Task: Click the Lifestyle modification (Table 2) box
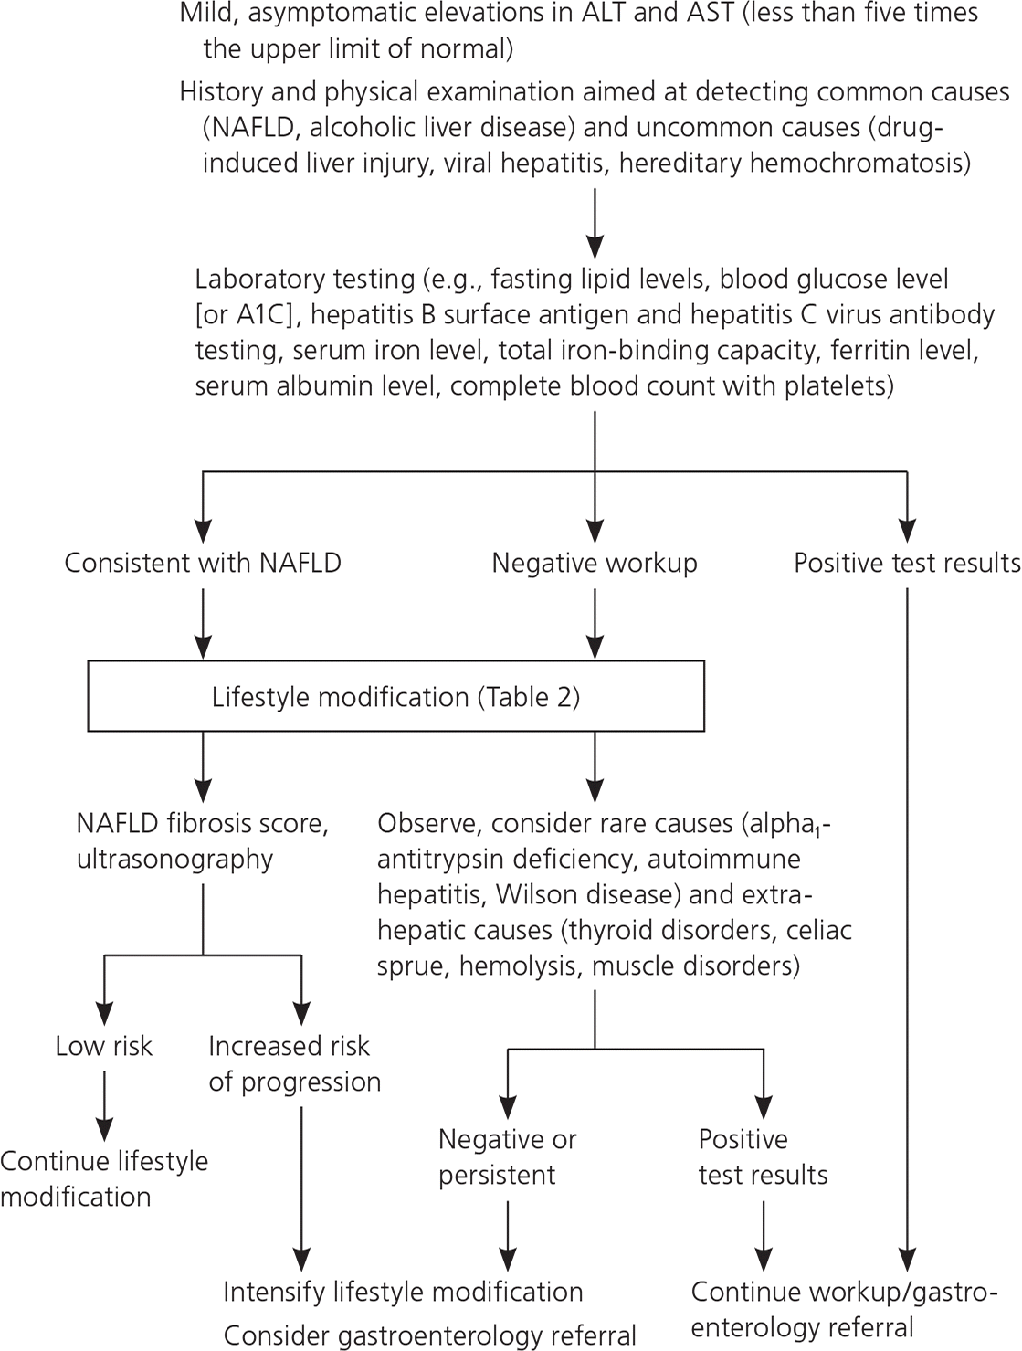395,697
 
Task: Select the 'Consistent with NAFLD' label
203,563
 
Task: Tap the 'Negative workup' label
595,563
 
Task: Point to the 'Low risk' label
104,1046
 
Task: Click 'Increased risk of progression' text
294,1063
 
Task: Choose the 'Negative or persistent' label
507,1156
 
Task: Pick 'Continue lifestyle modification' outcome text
104,1178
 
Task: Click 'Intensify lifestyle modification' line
403,1292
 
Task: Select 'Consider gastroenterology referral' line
429,1335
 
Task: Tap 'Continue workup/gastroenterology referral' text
838,1309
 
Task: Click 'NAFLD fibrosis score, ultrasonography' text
202,841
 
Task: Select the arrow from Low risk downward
105,1103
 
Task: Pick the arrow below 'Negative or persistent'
507,1233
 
